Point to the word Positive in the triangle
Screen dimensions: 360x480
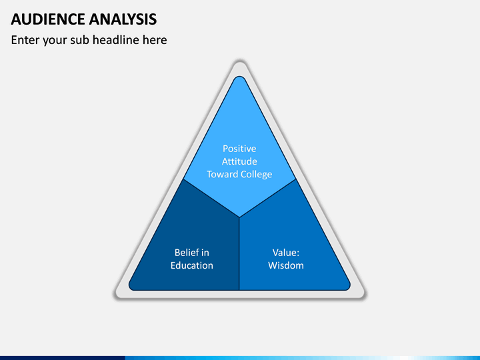(x=239, y=149)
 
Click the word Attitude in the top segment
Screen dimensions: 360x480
(x=239, y=161)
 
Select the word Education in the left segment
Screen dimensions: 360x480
(x=192, y=265)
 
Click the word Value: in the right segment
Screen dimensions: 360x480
(x=286, y=253)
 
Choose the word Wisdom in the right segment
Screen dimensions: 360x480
(x=286, y=265)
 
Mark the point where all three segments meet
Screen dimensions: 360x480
(x=239, y=217)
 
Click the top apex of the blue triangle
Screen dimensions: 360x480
(x=239, y=78)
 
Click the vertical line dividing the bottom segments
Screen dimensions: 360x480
(x=239, y=253)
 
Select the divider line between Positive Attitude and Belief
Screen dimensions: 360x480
(x=211, y=197)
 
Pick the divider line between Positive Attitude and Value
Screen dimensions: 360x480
(x=268, y=197)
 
